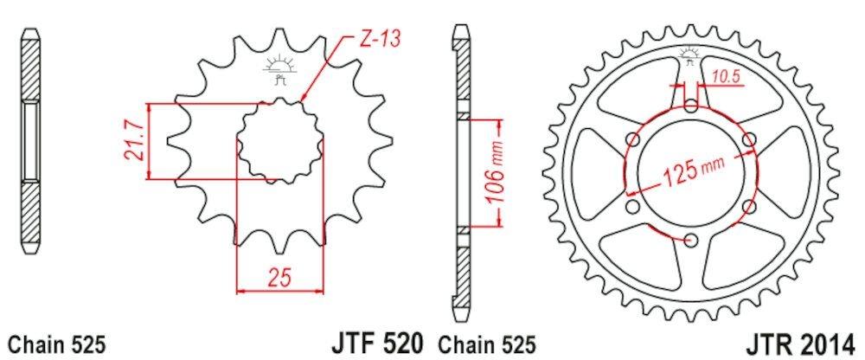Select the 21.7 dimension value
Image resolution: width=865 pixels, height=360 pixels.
(x=132, y=141)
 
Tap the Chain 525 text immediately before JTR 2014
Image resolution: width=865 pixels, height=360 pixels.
(x=488, y=343)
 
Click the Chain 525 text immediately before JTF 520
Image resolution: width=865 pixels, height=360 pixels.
(x=56, y=343)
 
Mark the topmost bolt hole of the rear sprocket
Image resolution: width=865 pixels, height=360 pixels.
(x=690, y=106)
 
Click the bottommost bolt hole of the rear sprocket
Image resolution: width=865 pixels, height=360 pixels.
(x=690, y=239)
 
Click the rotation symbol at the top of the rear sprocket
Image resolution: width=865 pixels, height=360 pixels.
(x=690, y=56)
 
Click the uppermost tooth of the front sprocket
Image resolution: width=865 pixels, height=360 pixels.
(x=279, y=39)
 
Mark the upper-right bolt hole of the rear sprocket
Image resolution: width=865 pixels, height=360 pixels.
(x=749, y=138)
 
